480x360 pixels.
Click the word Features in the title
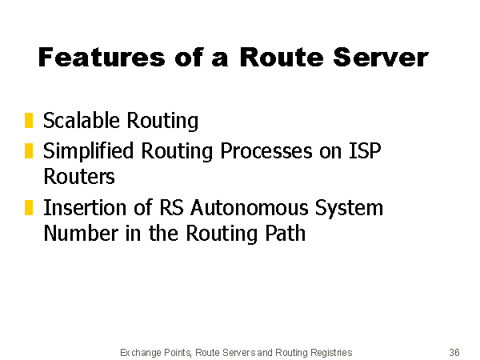point(102,58)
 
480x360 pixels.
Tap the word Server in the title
point(381,58)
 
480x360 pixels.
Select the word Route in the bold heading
point(282,58)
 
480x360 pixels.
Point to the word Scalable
point(81,120)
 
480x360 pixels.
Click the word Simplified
point(89,151)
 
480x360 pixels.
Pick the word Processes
point(266,151)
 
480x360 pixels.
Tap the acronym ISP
point(366,150)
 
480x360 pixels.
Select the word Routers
point(79,176)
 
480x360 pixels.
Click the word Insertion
point(85,207)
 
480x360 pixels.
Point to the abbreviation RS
point(172,207)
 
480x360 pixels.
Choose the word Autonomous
point(250,207)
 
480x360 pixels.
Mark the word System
point(349,209)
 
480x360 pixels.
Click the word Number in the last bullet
point(81,233)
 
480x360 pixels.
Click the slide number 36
point(454,352)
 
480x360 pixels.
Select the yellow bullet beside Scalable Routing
point(29,120)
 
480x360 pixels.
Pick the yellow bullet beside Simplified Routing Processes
point(29,151)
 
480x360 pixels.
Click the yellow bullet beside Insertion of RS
point(29,208)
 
